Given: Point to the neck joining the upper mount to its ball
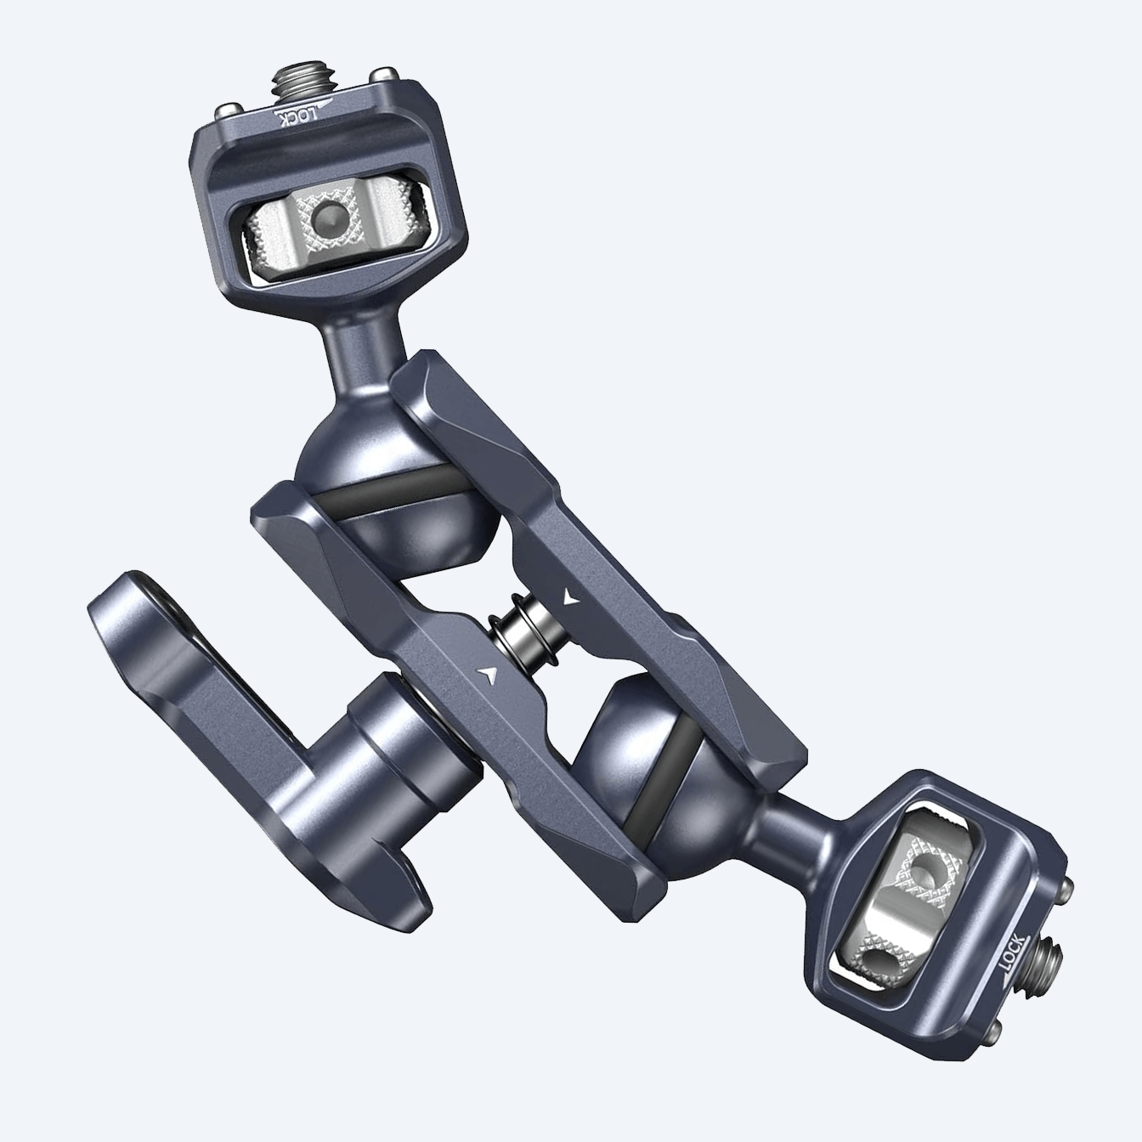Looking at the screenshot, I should click(353, 341).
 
